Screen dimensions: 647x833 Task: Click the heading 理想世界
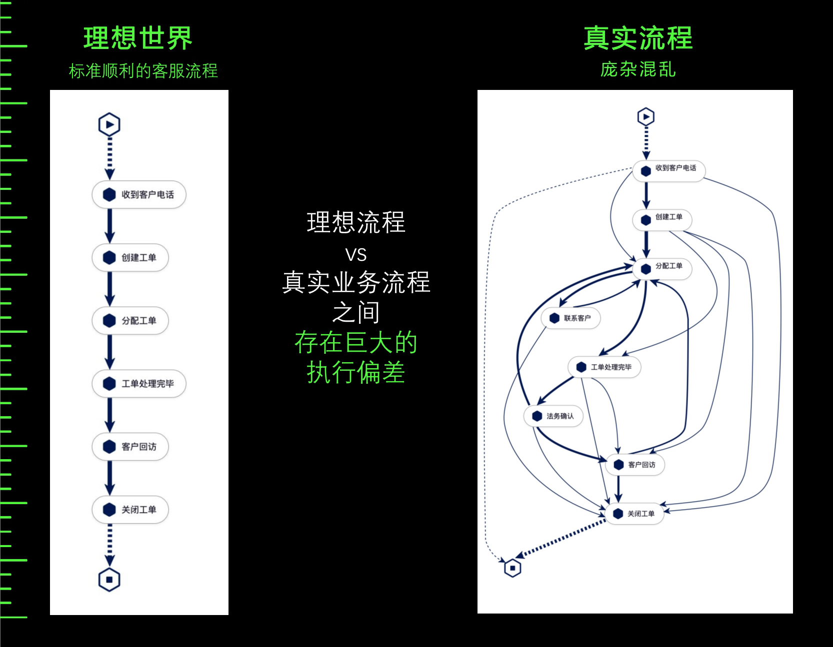pos(137,38)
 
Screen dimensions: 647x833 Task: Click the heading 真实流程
pos(637,38)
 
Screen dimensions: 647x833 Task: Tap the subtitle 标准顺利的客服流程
pos(143,71)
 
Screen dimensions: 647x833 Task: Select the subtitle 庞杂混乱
pos(637,69)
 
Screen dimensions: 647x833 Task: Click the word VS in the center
pos(355,255)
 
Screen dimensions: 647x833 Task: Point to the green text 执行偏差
pos(355,372)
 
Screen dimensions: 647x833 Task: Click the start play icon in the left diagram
pos(109,124)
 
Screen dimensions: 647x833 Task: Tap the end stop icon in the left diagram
pos(109,580)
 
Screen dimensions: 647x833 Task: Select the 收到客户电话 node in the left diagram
pos(139,194)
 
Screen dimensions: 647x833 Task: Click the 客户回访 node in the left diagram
pos(130,447)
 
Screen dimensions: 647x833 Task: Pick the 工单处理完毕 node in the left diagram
pos(139,384)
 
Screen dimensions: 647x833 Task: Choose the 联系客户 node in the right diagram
pos(570,318)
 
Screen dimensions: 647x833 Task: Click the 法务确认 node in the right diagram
pos(553,416)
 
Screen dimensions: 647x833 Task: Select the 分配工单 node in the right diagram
pos(662,268)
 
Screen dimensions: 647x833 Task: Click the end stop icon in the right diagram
pos(512,568)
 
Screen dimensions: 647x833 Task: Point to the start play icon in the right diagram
pos(646,117)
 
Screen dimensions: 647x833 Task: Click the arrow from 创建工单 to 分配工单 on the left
pos(110,289)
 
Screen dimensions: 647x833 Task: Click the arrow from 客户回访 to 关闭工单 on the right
pos(618,489)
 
